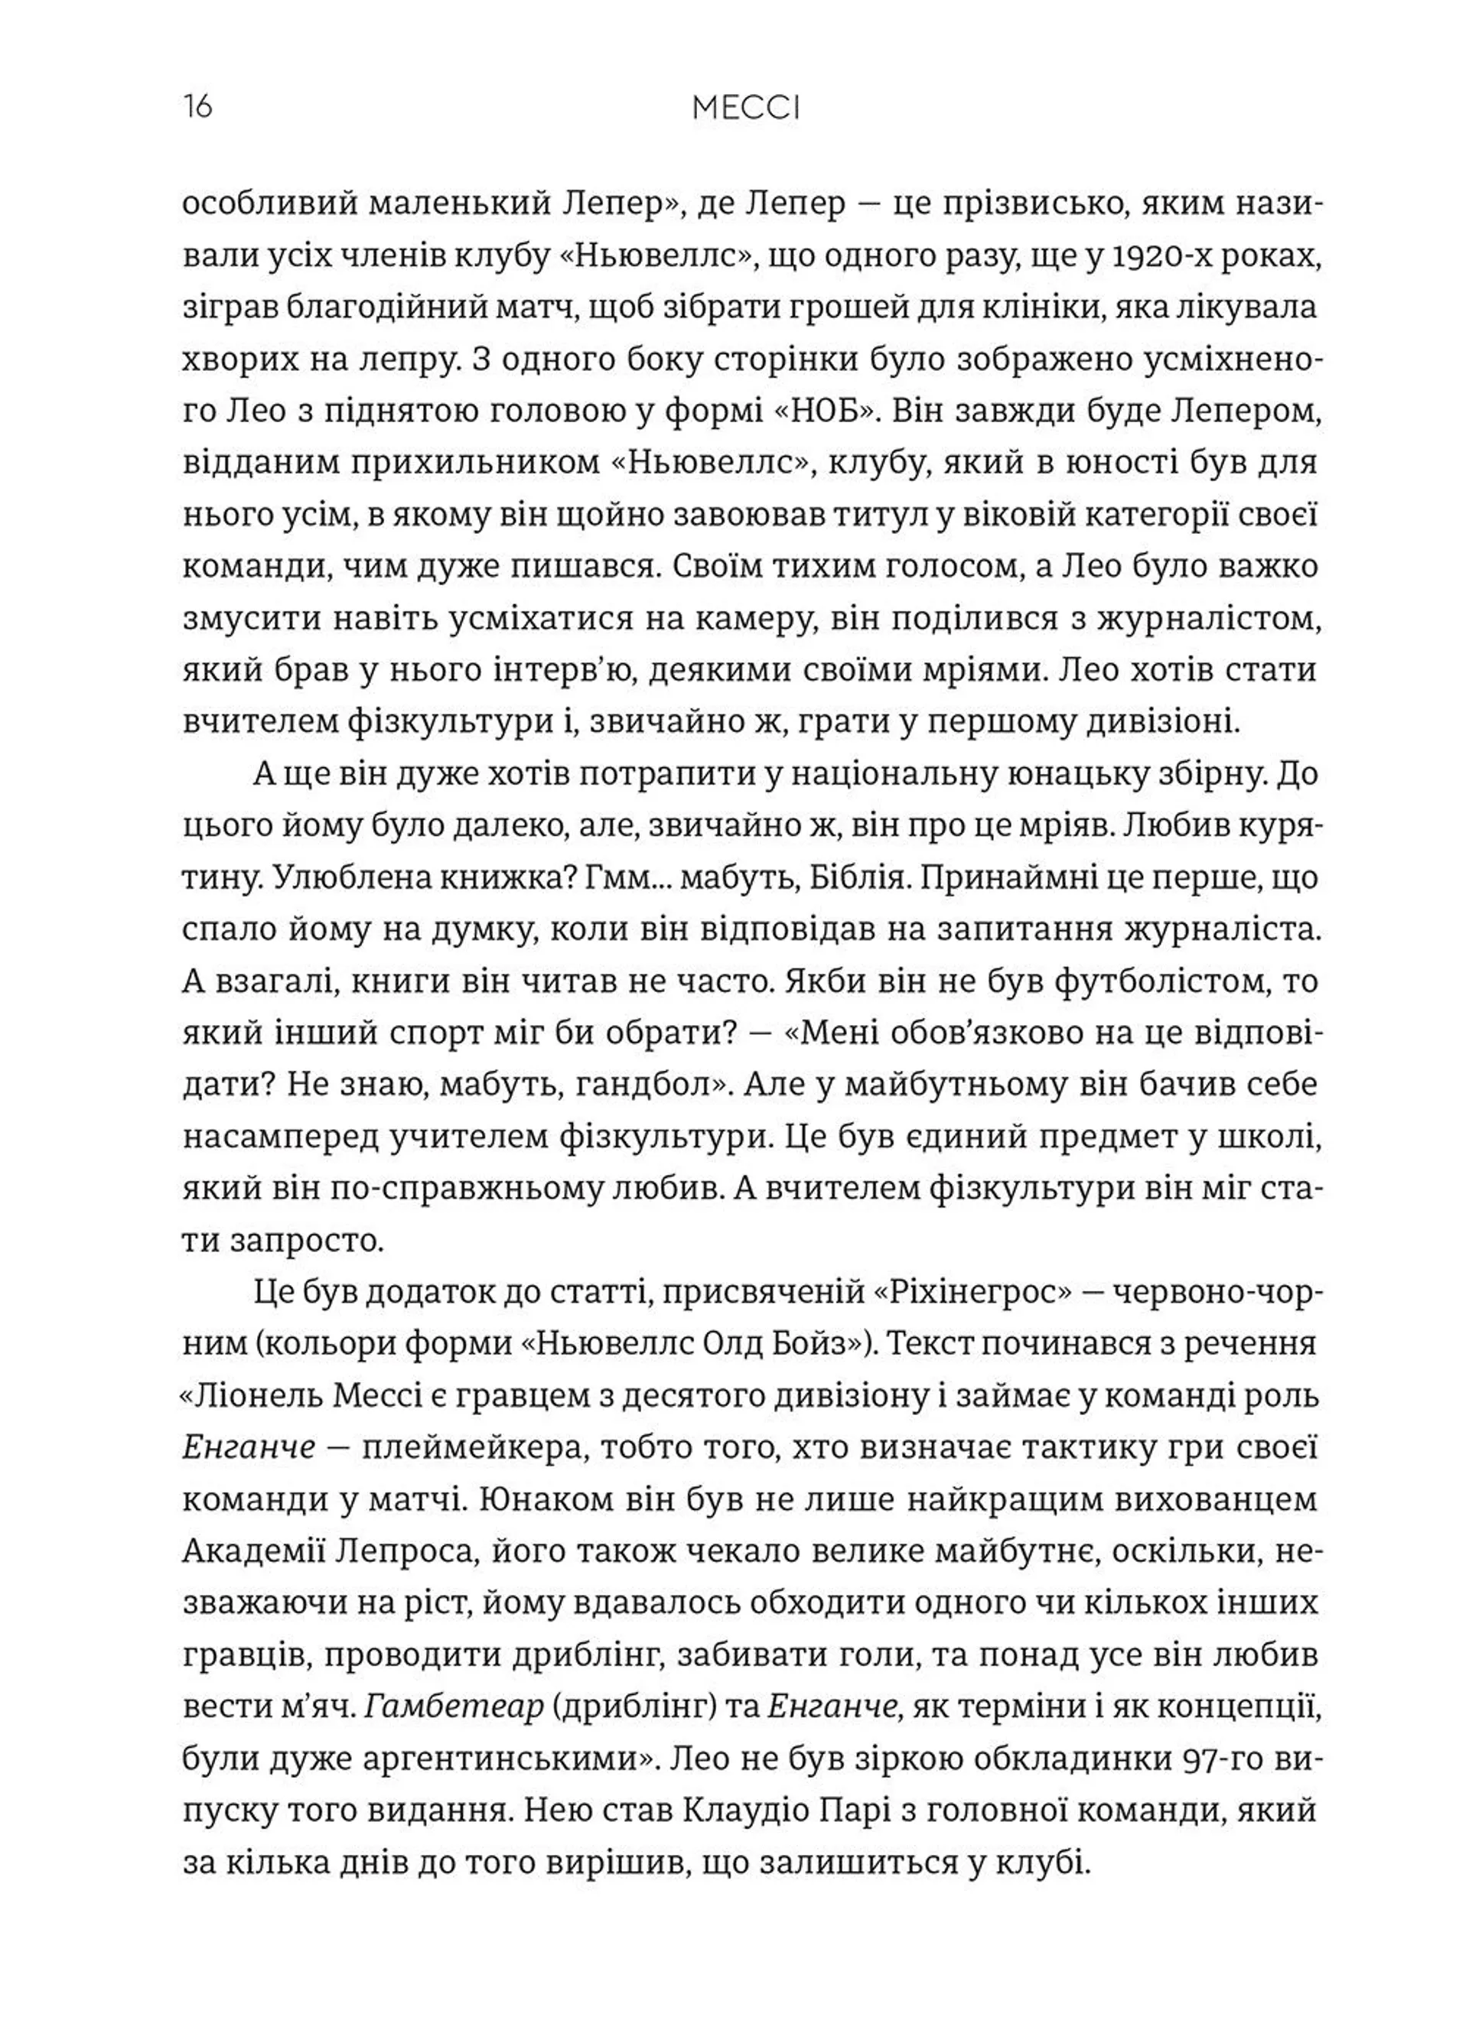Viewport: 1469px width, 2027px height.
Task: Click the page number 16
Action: (x=197, y=108)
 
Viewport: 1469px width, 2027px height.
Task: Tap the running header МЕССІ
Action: (x=746, y=109)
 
